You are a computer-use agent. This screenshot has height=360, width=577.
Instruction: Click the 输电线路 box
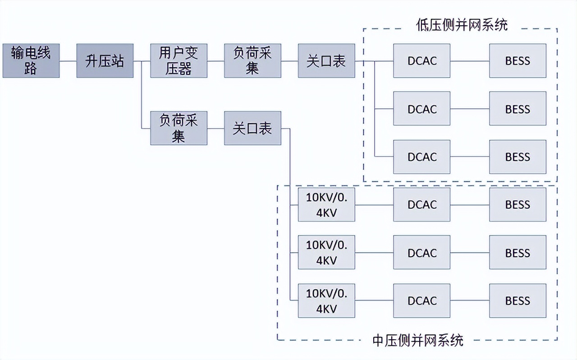(31, 61)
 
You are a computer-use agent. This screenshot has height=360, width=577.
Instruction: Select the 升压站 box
(105, 61)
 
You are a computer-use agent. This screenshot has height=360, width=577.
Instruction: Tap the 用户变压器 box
(179, 61)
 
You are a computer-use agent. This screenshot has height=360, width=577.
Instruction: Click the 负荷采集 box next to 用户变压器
(252, 61)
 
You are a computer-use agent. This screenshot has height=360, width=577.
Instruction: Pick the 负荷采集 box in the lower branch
(179, 128)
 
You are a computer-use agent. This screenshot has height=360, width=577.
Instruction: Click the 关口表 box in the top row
(326, 61)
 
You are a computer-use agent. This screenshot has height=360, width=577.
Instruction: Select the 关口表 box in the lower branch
(252, 128)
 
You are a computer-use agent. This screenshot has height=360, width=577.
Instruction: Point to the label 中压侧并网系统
(418, 340)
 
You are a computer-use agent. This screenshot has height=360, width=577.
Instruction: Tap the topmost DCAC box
(422, 61)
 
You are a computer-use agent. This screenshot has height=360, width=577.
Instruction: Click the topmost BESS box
(517, 61)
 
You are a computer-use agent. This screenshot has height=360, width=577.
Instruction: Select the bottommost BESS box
(517, 300)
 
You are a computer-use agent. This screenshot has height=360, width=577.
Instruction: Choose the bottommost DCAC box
(422, 300)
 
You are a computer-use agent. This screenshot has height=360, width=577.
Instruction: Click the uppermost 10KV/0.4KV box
(326, 205)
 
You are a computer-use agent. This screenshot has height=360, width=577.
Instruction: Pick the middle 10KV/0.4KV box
(326, 253)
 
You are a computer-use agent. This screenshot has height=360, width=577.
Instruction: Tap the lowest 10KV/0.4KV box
(326, 300)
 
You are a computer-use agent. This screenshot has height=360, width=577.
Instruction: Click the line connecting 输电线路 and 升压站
(68, 61)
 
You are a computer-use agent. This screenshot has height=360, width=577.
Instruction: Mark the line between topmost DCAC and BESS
(470, 61)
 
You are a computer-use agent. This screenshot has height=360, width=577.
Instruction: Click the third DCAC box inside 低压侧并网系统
(422, 157)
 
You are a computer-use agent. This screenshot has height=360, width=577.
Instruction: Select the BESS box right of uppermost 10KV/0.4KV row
(517, 205)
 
